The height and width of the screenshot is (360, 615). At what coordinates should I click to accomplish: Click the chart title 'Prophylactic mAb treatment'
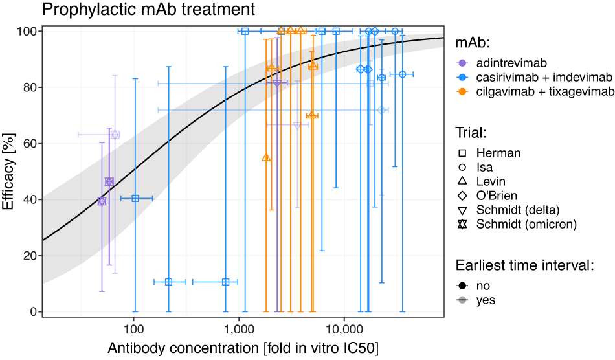[x=148, y=10]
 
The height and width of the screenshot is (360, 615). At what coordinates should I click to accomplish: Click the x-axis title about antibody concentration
[x=243, y=348]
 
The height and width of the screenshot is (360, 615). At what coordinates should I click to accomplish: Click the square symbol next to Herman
[x=463, y=153]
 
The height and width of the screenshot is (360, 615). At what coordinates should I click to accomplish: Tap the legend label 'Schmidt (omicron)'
[x=526, y=225]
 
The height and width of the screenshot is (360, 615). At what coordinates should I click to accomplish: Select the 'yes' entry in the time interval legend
[x=486, y=300]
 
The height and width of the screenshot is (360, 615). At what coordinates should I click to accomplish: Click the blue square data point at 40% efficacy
[x=135, y=198]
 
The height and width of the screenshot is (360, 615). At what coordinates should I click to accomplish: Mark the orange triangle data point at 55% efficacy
[x=266, y=157]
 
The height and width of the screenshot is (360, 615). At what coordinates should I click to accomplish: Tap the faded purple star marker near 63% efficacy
[x=115, y=135]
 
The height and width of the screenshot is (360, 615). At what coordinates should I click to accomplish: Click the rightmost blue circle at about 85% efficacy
[x=403, y=74]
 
